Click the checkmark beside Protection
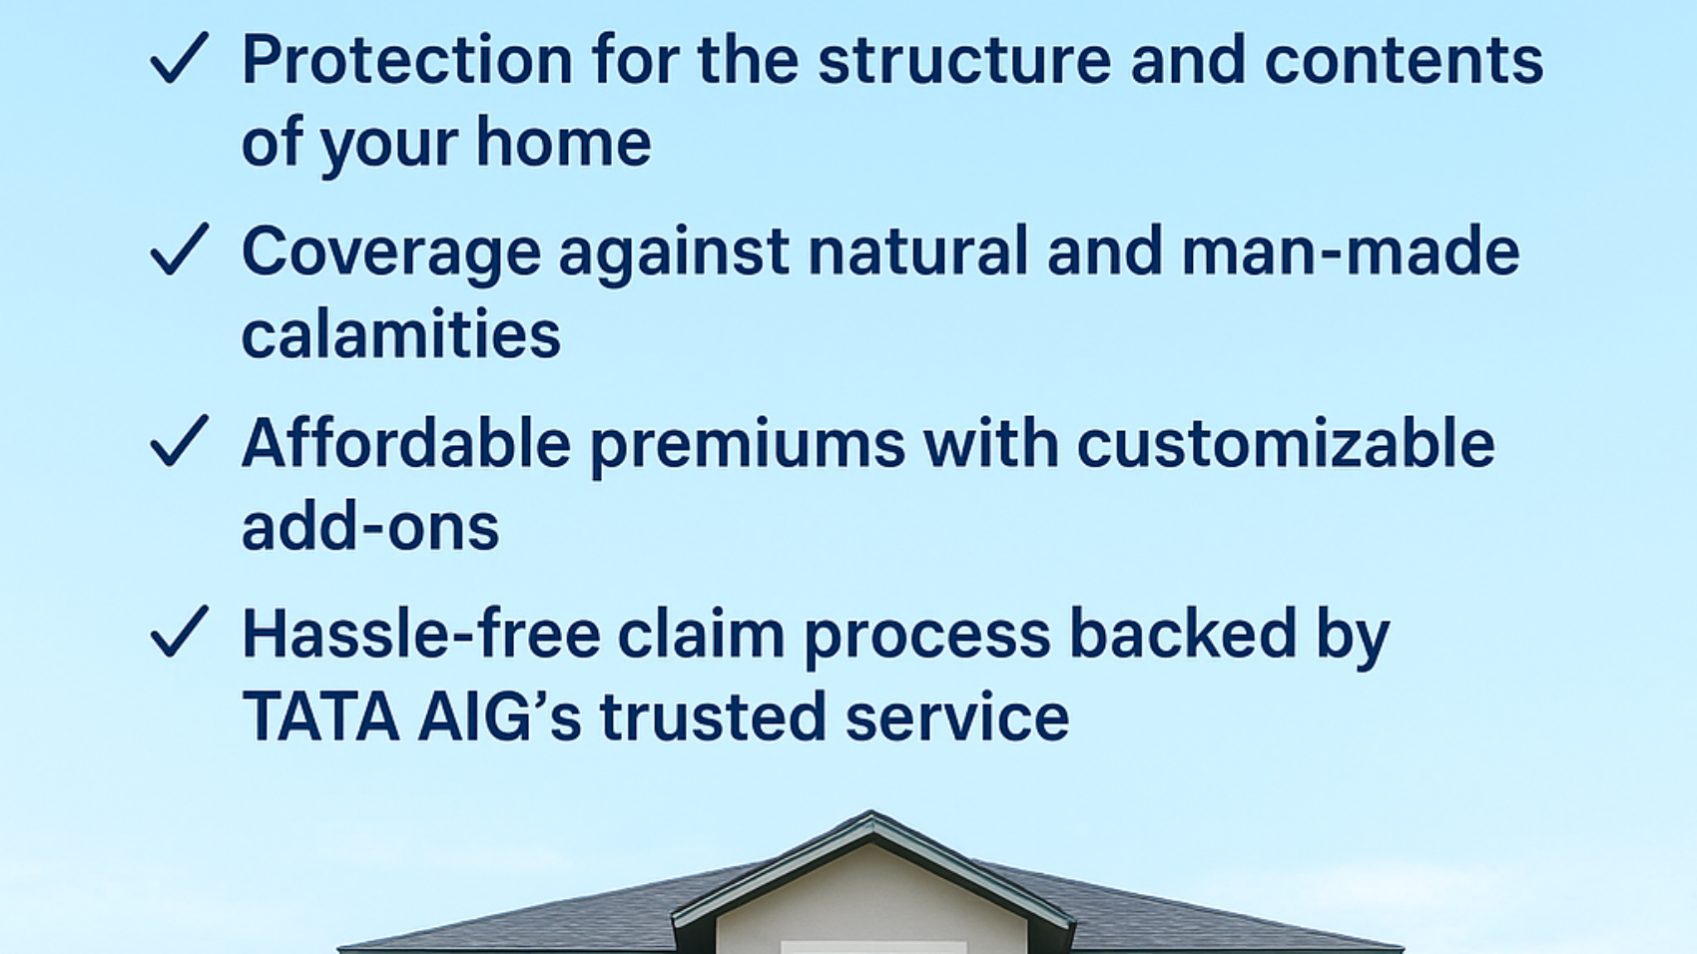pos(179,59)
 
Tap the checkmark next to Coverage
pos(179,249)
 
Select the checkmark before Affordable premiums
pos(179,442)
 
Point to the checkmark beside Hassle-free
pos(179,633)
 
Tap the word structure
pos(963,60)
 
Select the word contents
pos(1404,60)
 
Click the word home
pos(563,142)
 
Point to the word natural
pos(917,250)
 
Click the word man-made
pos(1350,250)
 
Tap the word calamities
pos(401,333)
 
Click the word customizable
pos(1286,443)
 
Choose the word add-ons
pos(370,526)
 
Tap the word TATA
pos(320,716)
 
